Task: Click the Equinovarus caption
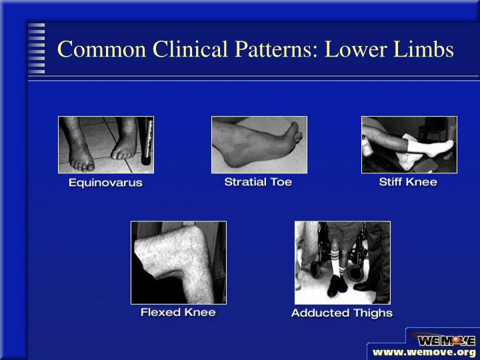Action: tap(105, 182)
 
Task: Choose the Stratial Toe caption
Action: tap(258, 181)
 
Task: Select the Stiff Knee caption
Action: tap(407, 181)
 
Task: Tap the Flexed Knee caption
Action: tap(178, 312)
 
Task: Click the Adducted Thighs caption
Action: tap(341, 313)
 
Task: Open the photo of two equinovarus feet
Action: tap(105, 145)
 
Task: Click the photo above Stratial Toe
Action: tap(259, 145)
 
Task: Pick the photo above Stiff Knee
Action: tap(409, 145)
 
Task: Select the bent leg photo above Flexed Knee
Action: tap(178, 263)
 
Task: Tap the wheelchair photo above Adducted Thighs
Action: tap(342, 263)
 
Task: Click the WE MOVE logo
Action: tap(445, 339)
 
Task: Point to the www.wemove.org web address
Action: tap(423, 352)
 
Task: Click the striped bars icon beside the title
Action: tap(36, 48)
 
